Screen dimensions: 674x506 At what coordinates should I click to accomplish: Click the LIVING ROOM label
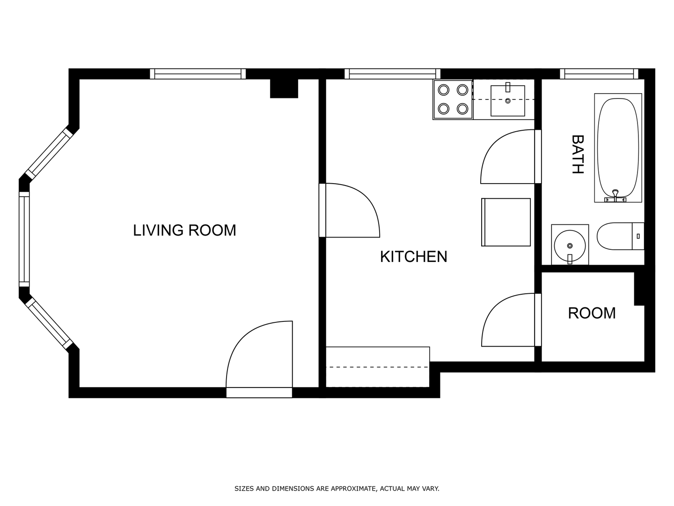coord(184,231)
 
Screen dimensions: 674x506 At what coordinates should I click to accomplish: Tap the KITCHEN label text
coord(413,257)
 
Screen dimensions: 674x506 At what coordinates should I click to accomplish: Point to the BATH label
coord(577,154)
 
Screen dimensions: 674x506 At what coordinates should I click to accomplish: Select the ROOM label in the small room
coord(592,313)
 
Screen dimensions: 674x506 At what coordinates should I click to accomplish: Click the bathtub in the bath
coord(618,148)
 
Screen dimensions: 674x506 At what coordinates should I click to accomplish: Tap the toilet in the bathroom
coord(620,236)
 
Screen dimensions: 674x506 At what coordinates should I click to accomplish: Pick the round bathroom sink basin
coord(570,246)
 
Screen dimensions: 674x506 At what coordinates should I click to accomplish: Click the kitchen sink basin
coord(507,101)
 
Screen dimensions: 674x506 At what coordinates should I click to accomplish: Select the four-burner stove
coord(453,99)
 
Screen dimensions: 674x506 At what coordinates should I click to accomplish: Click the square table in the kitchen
coord(505,222)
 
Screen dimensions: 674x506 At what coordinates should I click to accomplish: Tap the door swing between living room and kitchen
coord(373,203)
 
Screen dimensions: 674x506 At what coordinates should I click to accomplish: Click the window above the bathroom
coord(599,74)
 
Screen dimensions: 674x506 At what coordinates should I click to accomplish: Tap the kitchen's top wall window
coord(392,74)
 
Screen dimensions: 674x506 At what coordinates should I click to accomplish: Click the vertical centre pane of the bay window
coord(24,239)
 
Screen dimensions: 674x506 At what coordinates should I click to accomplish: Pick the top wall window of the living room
coord(198,74)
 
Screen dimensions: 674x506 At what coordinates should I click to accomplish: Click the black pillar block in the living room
coord(284,89)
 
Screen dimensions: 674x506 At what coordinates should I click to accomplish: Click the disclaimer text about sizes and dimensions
coord(337,489)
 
